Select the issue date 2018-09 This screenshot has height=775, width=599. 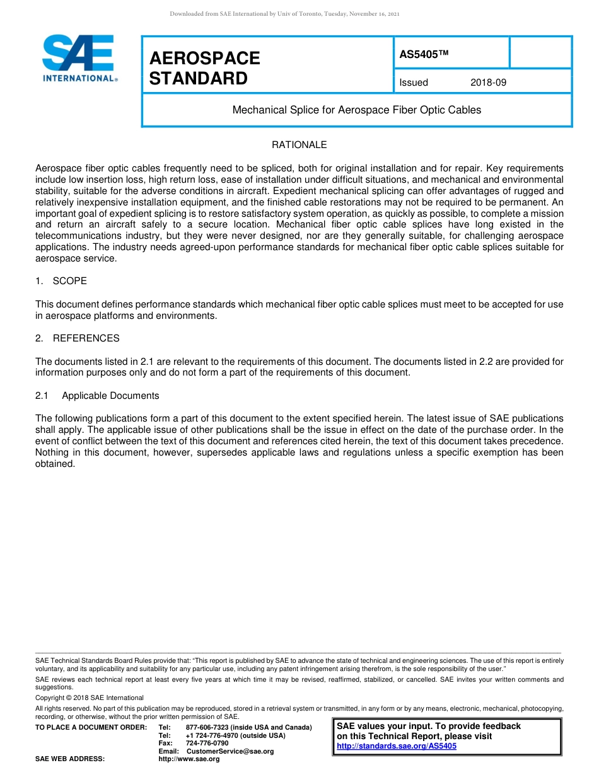(488, 83)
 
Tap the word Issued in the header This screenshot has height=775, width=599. (414, 83)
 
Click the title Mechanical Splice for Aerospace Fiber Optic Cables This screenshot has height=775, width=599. (356, 110)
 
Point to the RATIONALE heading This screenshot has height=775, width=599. (299, 145)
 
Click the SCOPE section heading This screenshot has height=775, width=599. (69, 281)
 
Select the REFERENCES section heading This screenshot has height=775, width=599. (86, 338)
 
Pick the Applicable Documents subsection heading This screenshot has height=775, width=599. (110, 396)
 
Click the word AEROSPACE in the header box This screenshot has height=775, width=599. (204, 59)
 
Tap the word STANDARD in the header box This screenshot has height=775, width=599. (198, 79)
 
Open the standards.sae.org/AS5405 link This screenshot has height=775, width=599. (396, 746)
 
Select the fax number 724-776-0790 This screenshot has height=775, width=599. (207, 743)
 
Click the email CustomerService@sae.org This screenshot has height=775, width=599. (230, 751)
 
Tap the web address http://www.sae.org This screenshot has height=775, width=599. (189, 759)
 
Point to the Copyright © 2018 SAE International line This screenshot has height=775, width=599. (90, 697)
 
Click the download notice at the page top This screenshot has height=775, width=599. (284, 14)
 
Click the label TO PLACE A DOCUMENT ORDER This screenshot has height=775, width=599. (91, 728)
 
